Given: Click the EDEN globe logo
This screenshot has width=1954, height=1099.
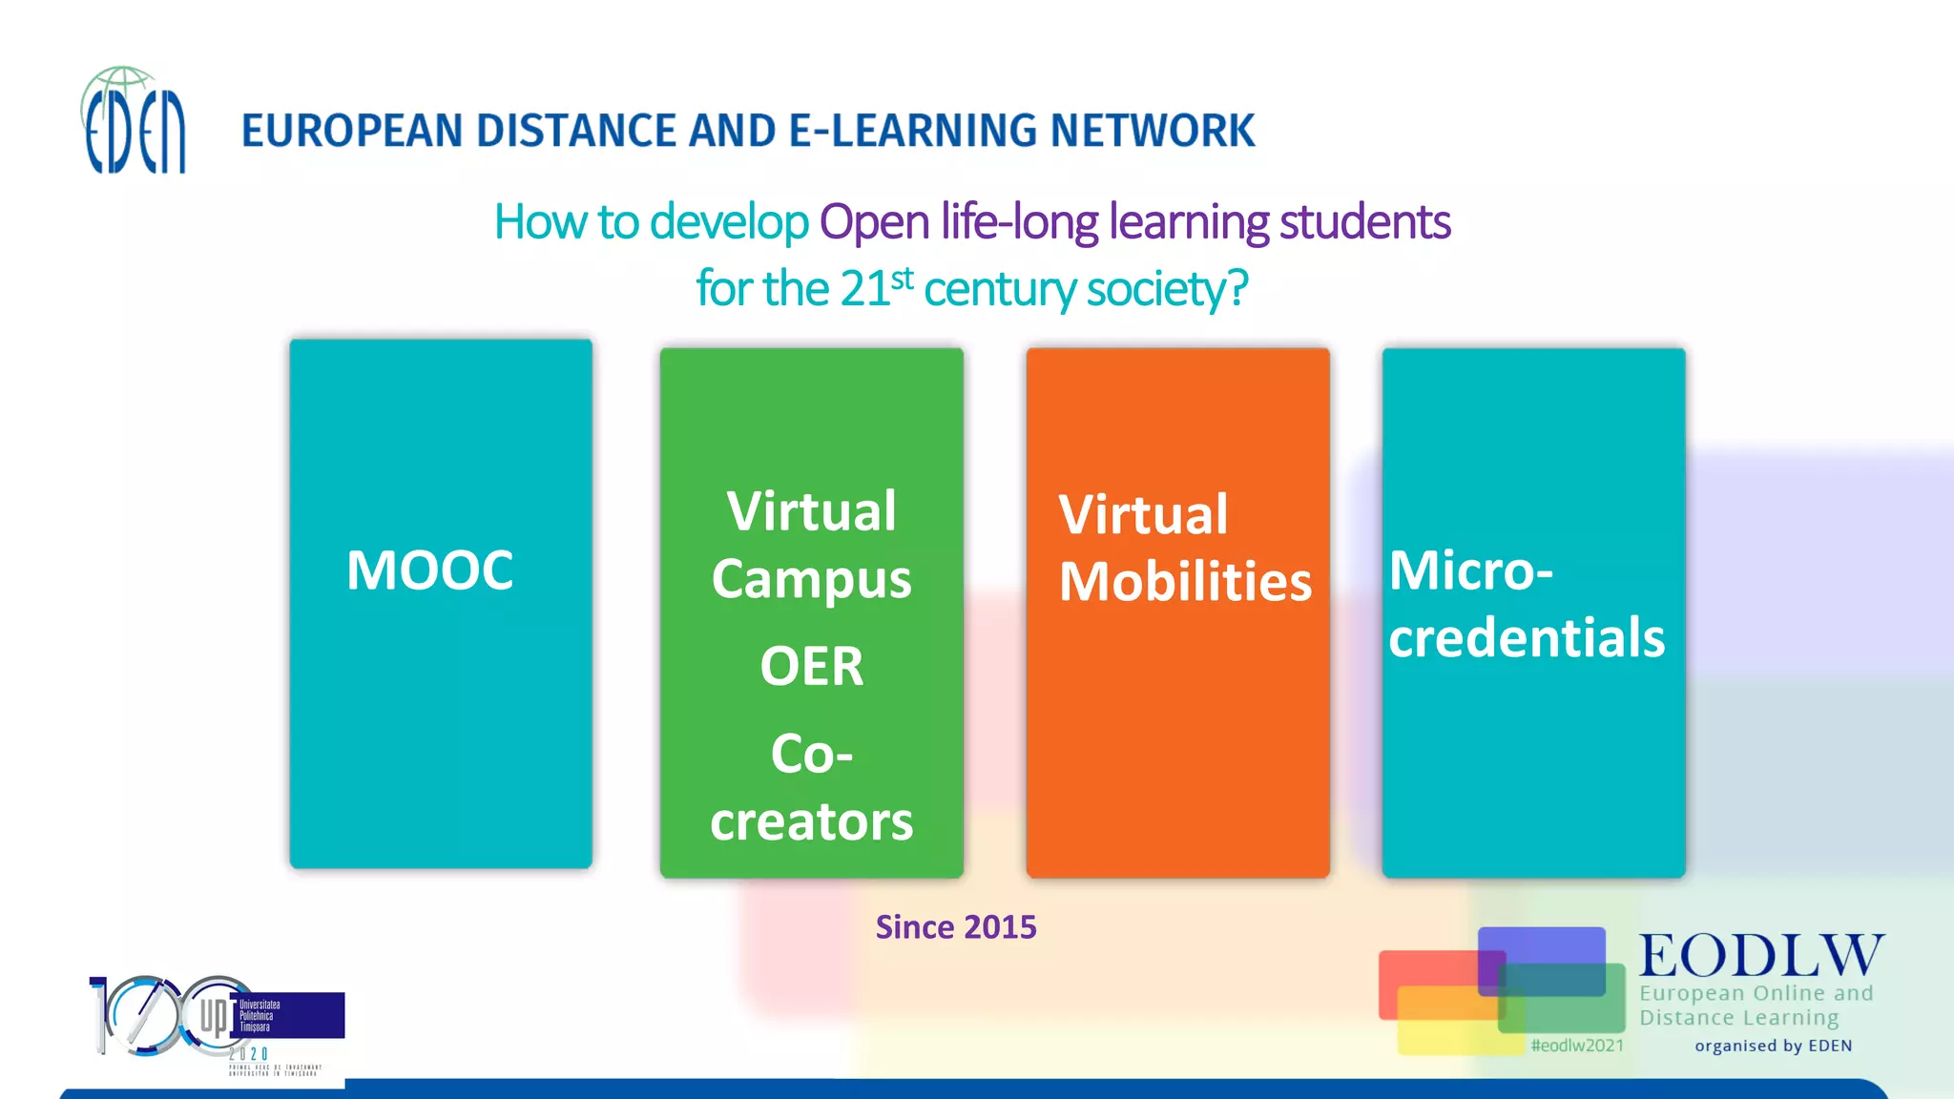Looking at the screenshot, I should [x=134, y=122].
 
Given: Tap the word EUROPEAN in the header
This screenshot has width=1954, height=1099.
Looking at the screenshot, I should [x=352, y=131].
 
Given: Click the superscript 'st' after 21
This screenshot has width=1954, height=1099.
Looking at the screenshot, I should [x=903, y=279].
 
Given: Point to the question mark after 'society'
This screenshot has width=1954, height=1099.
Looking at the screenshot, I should [x=1237, y=287].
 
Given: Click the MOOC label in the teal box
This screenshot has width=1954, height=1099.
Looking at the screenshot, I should [x=429, y=570].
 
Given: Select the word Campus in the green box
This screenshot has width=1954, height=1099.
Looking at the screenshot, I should [x=811, y=579].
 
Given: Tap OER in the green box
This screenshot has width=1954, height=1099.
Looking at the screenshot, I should [x=811, y=666].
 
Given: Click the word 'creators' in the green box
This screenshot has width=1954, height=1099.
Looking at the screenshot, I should [x=811, y=821].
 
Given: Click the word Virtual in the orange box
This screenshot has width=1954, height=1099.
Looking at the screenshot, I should [x=1143, y=515].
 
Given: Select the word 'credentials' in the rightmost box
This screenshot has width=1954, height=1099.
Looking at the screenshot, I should [x=1526, y=637].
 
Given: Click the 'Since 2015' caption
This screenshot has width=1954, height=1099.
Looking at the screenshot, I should [x=955, y=927].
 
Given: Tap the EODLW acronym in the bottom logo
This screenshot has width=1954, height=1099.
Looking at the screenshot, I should [x=1761, y=955].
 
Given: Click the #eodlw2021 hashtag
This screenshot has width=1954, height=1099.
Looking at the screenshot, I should [x=1576, y=1046].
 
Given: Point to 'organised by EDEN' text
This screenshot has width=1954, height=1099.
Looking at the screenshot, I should [x=1773, y=1046].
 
